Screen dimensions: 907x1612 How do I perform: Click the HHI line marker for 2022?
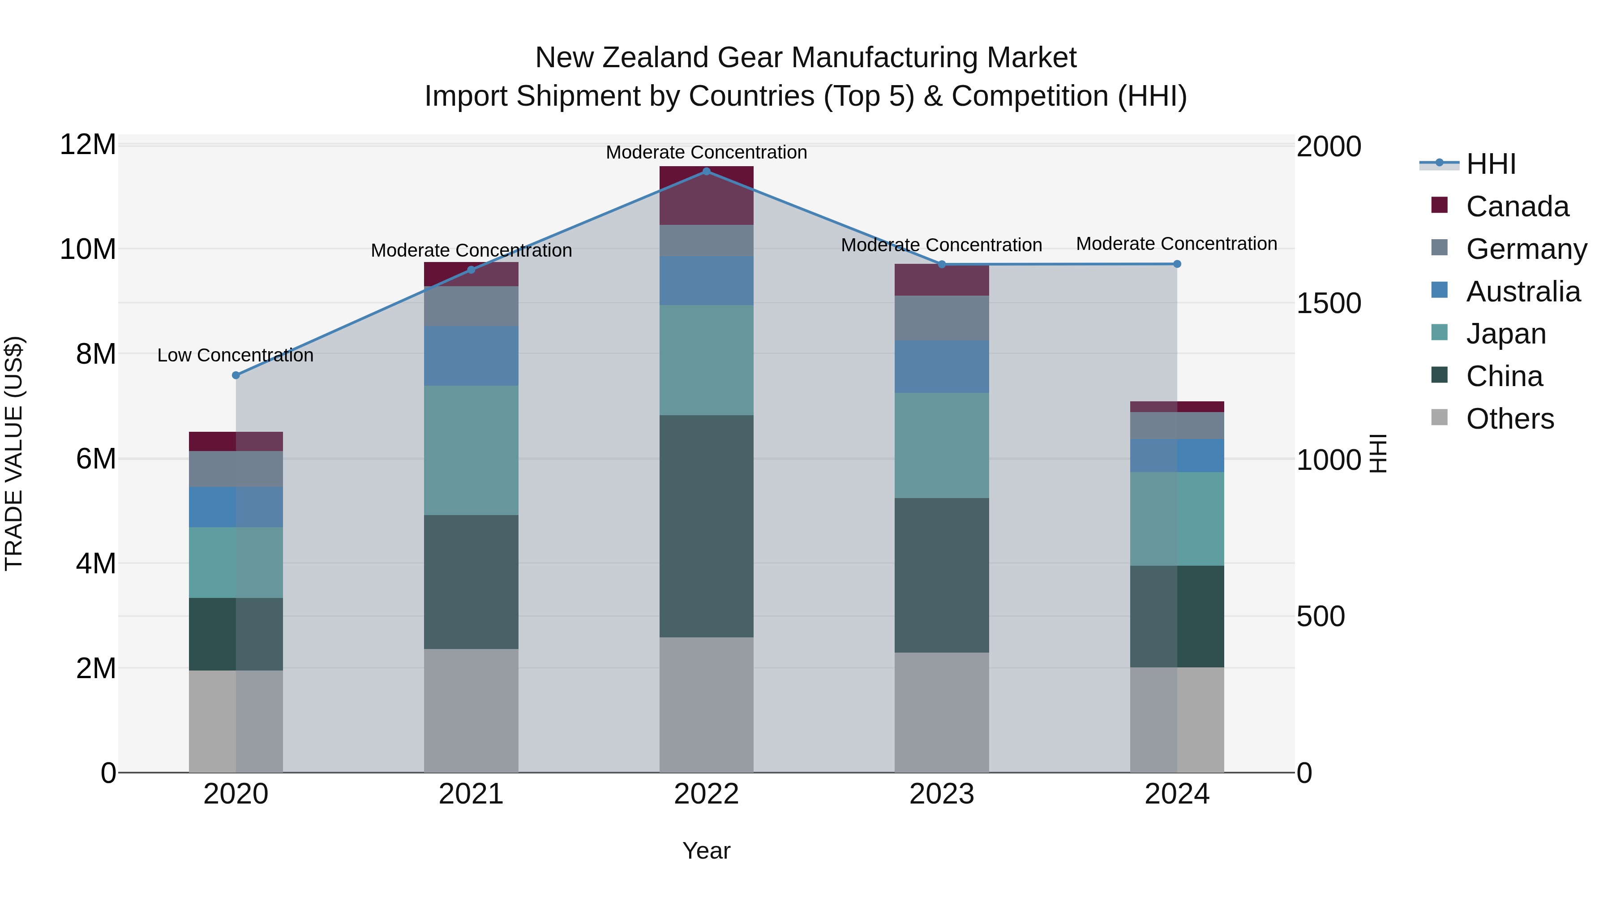(707, 172)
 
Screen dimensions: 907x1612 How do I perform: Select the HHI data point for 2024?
(1177, 264)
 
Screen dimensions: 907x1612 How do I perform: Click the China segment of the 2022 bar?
(707, 526)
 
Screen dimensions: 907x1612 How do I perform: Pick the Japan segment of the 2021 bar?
(471, 450)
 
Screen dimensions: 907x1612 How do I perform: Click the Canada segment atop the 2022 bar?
(707, 196)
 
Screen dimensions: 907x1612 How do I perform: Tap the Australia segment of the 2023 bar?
(942, 367)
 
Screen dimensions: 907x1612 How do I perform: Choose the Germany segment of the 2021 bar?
(471, 306)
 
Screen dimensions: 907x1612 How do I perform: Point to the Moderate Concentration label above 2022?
(707, 153)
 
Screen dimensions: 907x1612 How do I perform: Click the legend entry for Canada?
(1517, 206)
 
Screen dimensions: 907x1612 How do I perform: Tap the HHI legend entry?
(1491, 164)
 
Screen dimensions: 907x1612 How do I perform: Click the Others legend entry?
(1509, 419)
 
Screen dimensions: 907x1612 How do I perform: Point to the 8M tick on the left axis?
(95, 354)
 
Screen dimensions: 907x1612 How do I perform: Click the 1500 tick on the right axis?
(1329, 304)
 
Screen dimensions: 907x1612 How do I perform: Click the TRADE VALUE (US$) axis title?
(14, 453)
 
